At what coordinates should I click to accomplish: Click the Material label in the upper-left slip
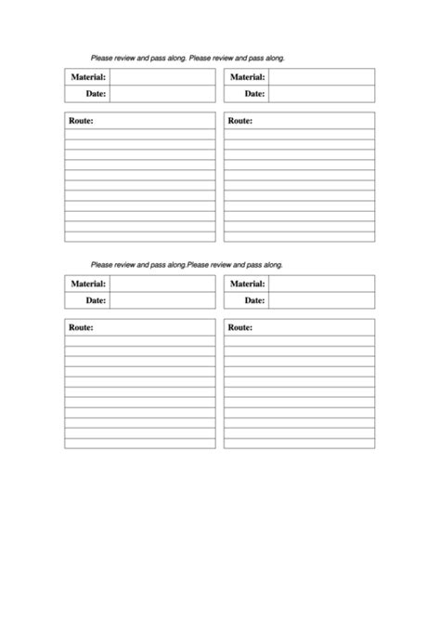coord(88,77)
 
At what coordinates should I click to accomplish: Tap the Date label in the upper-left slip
coord(96,93)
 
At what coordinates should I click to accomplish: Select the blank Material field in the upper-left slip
coord(162,77)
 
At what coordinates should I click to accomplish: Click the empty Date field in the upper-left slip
coord(162,93)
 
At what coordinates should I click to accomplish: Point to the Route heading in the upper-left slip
coord(82,121)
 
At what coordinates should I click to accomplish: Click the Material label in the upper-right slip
coord(248,77)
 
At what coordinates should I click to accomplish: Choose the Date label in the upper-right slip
coord(255,93)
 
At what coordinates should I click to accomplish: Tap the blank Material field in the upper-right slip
coord(322,77)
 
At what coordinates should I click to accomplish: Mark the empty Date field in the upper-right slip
coord(322,93)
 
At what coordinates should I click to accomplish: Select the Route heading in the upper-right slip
coord(240,121)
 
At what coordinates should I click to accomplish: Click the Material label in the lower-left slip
coord(88,284)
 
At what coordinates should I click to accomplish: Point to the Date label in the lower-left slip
coord(96,300)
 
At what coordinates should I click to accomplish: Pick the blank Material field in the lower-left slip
coord(162,284)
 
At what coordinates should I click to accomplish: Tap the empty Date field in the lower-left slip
coord(162,300)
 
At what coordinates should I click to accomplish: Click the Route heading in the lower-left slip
coord(82,327)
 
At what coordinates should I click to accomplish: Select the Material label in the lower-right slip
coord(248,284)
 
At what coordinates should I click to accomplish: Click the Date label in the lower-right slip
coord(255,300)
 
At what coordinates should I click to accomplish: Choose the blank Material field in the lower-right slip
coord(322,284)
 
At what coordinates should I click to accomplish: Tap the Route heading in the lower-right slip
coord(240,327)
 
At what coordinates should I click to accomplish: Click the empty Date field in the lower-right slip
coord(322,300)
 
